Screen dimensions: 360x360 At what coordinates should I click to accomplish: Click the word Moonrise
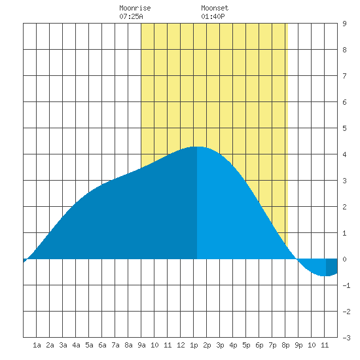[x=135, y=8]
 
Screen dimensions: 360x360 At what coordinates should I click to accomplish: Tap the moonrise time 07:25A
[x=131, y=16]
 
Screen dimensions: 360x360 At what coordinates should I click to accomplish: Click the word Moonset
[x=215, y=8]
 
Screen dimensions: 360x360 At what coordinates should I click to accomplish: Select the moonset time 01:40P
[x=213, y=16]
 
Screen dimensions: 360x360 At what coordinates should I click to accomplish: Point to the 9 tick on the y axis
[x=344, y=24]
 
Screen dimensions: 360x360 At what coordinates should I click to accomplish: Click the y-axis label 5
[x=344, y=128]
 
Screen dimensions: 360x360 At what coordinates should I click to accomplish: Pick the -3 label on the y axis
[x=346, y=338]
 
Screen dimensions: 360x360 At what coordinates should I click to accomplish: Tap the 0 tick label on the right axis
[x=344, y=259]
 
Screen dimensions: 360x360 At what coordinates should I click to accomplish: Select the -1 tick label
[x=346, y=285]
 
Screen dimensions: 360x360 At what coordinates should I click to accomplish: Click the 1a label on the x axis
[x=37, y=345]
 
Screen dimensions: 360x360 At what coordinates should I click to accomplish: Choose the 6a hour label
[x=102, y=345]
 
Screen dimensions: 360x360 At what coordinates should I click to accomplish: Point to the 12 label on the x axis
[x=181, y=345]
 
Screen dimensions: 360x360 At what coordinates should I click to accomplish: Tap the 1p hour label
[x=194, y=345]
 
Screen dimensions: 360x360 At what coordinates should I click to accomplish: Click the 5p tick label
[x=246, y=345]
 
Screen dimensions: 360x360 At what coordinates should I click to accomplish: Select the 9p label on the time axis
[x=298, y=345]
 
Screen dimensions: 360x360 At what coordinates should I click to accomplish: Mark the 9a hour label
[x=141, y=345]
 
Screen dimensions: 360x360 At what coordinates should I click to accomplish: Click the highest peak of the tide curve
[x=198, y=147]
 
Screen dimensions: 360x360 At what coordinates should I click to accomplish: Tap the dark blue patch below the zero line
[x=332, y=266]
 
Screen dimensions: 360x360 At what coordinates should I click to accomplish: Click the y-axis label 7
[x=344, y=76]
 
